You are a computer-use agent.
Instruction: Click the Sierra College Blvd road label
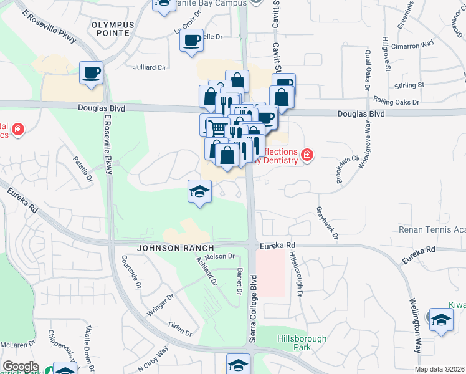coord(254,309)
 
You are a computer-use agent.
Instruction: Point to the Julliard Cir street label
coord(151,67)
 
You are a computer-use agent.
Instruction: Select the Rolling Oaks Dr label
coord(397,100)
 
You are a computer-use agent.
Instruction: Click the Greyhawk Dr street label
coord(327,223)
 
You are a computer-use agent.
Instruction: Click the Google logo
coord(21,367)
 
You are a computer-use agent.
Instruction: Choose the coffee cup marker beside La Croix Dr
coord(191,42)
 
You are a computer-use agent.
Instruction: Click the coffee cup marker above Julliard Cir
coord(91,73)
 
